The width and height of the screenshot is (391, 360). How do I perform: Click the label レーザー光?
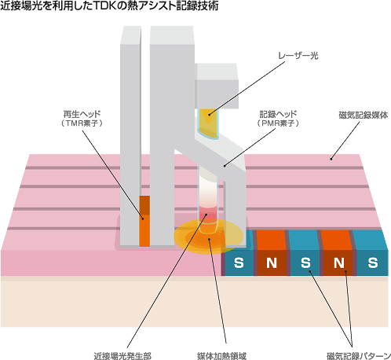298,56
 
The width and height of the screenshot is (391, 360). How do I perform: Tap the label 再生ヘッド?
82,114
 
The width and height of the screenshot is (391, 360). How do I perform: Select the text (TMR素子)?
82,123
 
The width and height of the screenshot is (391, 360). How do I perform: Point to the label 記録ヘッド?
278,114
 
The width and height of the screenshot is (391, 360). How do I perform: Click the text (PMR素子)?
278,123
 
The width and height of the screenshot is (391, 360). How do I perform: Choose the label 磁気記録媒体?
364,116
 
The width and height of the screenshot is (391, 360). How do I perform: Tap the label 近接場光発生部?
122,356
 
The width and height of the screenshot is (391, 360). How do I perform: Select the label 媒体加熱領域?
221,356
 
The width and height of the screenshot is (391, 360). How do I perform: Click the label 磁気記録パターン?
359,356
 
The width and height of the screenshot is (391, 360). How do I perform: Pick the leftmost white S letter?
239,263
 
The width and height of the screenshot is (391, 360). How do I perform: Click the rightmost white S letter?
373,263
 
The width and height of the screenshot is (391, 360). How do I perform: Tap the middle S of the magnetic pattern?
305,263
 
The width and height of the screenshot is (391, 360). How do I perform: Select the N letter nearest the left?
272,263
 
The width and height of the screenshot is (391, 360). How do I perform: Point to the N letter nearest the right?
339,263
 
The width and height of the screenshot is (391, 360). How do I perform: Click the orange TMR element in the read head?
144,221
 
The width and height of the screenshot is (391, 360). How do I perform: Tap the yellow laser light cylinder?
208,123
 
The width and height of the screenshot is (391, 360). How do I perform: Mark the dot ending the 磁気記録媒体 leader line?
331,159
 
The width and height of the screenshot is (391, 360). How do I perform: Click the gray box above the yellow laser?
217,86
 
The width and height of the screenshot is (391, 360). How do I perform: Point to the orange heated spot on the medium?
209,237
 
